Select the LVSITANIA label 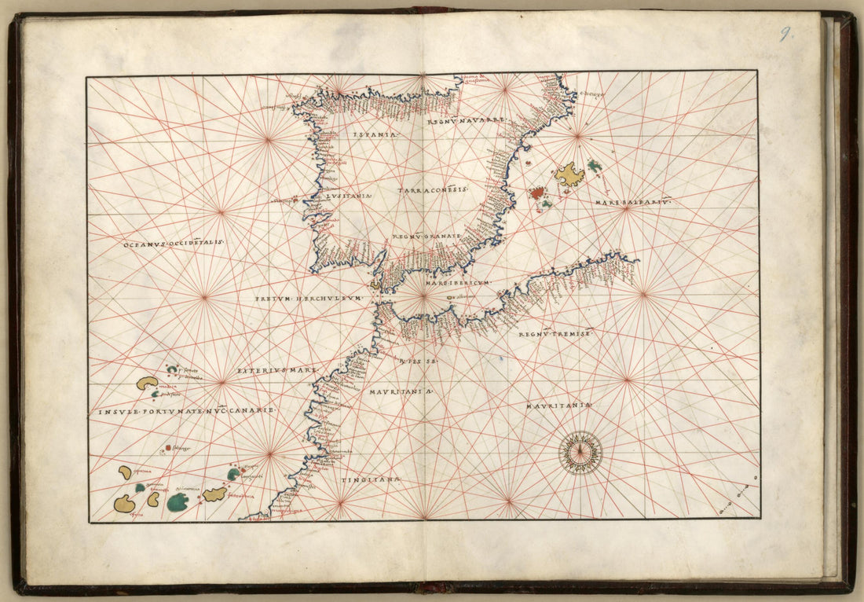coord(350,196)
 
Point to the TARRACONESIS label coord(433,190)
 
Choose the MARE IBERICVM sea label coord(456,281)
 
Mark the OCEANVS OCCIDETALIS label coord(174,244)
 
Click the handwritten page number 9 coord(785,34)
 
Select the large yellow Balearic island coord(569,174)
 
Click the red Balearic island coord(537,192)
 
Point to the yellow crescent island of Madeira coord(147,383)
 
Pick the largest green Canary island coord(178,501)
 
